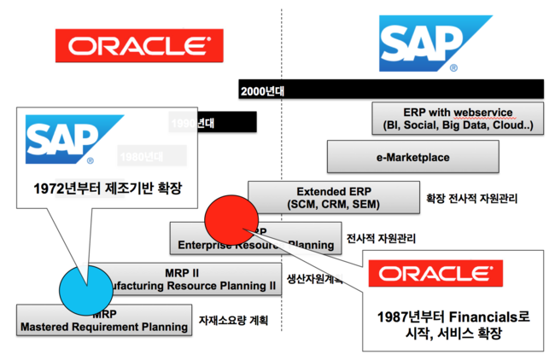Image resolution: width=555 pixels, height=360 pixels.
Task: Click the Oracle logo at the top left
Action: (134, 45)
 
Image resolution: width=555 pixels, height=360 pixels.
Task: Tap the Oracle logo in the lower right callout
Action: (435, 274)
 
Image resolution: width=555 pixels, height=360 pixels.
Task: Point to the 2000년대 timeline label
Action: (265, 90)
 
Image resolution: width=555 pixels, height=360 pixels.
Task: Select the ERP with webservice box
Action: (458, 119)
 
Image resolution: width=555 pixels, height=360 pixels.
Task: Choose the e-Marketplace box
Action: (412, 158)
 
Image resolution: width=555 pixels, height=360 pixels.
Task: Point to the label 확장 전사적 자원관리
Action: (471, 199)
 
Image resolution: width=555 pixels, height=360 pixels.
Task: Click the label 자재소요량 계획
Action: (234, 321)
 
